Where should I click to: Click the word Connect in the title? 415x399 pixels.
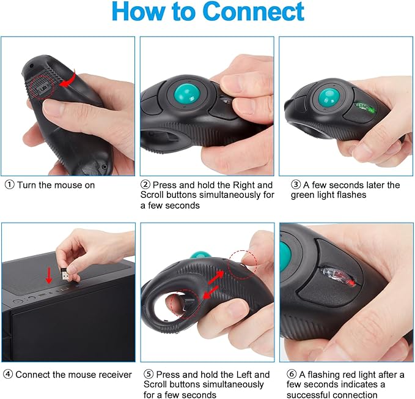(253, 13)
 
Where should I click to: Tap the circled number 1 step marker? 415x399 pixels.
(9, 185)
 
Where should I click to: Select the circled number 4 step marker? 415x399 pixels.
(8, 374)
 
